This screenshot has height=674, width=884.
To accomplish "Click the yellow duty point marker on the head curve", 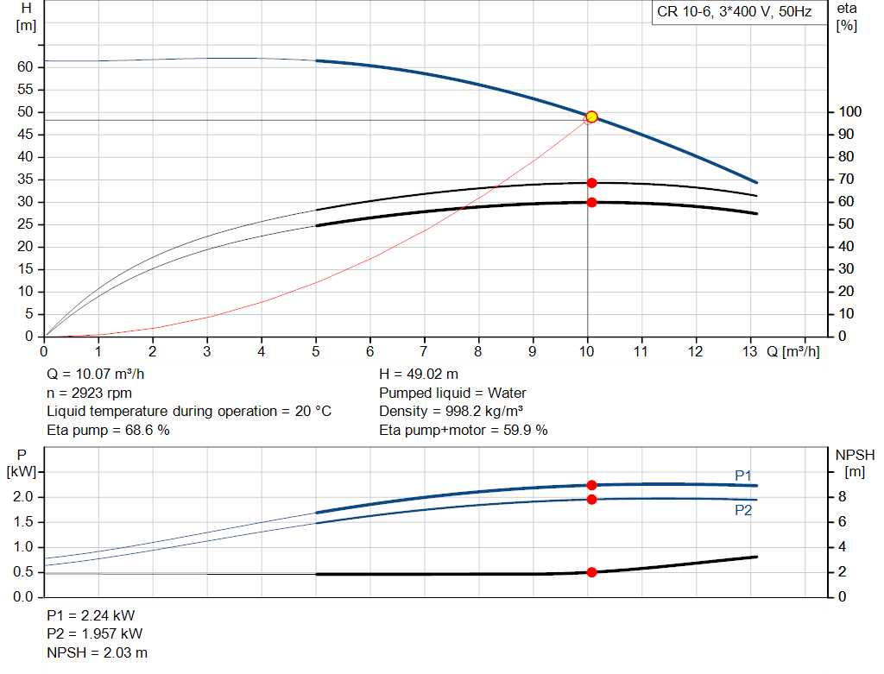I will click(591, 117).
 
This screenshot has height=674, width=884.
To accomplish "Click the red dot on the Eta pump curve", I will click(591, 183).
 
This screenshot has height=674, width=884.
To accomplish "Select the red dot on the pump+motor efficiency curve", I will click(591, 202).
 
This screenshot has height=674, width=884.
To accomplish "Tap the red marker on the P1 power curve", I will click(591, 485).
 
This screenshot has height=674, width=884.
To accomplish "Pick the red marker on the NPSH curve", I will click(591, 572).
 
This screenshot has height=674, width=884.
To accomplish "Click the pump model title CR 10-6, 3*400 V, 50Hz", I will click(734, 12).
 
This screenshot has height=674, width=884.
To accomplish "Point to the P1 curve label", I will click(743, 476).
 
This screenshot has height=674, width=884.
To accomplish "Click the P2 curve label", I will click(743, 510).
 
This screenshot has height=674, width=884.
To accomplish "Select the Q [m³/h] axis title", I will click(793, 352).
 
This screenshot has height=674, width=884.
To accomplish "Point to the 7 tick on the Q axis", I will click(424, 352).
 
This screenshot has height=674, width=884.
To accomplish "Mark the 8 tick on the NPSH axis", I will click(843, 497).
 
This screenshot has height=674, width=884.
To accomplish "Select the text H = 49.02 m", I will click(419, 375).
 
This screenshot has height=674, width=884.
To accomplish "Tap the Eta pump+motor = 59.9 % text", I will click(464, 430).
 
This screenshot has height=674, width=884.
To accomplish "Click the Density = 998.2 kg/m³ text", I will click(451, 411).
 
